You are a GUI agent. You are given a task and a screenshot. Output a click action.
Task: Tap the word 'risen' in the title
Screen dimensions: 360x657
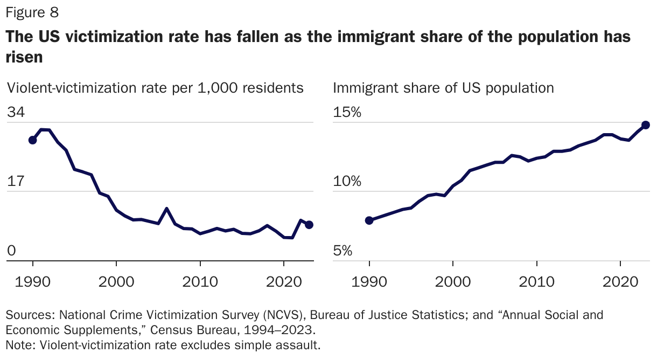[24, 57]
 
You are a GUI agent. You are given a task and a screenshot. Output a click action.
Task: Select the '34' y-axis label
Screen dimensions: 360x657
[16, 113]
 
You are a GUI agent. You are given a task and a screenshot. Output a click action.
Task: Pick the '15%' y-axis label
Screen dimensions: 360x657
[347, 113]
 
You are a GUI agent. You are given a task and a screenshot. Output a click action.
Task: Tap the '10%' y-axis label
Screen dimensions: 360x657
[347, 182]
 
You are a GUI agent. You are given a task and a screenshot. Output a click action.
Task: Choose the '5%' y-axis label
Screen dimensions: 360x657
[343, 251]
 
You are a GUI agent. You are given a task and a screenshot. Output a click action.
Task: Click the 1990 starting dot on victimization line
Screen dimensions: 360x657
[33, 140]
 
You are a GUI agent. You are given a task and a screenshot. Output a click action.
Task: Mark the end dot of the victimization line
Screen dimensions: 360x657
[309, 225]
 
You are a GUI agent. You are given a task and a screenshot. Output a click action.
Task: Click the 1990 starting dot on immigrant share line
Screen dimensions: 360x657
[369, 220]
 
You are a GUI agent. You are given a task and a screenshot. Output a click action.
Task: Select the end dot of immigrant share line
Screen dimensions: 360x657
[646, 125]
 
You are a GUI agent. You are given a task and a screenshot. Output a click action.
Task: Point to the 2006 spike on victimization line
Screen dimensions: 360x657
[167, 209]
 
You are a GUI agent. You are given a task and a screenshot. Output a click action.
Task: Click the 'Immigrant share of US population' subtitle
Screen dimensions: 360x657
[443, 87]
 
